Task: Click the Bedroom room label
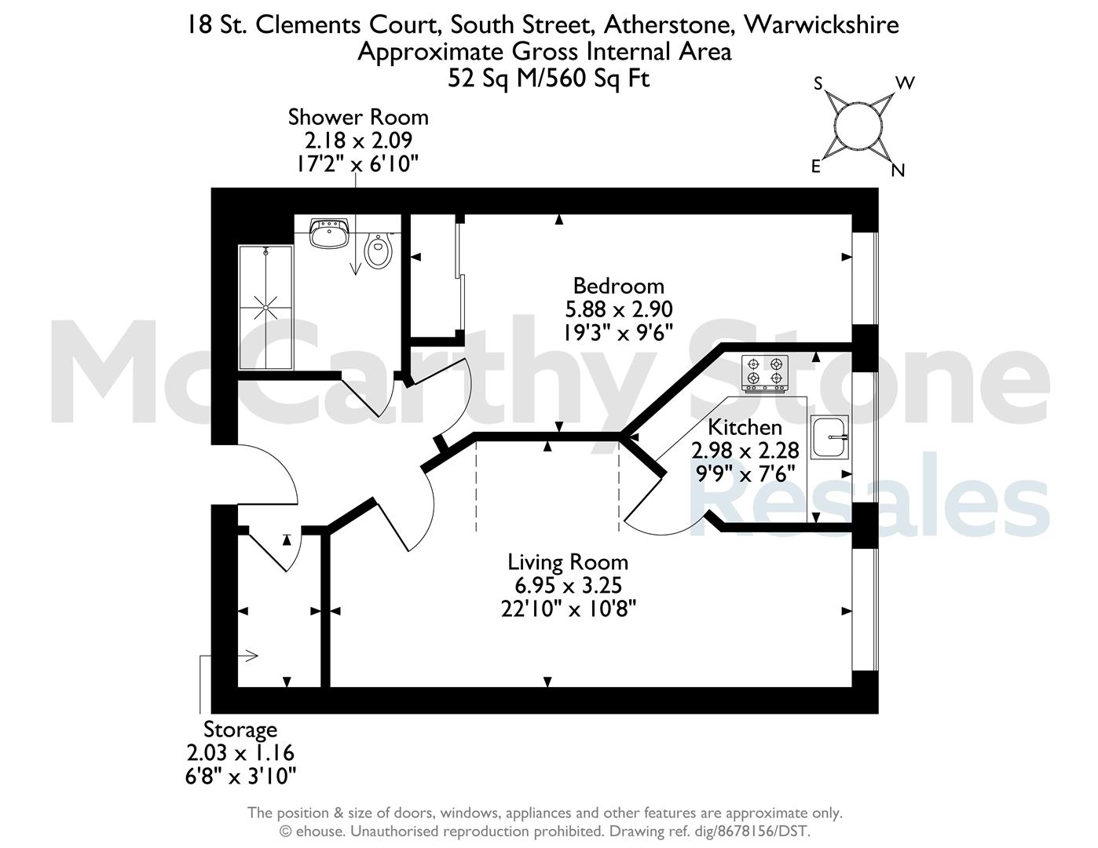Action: (x=618, y=287)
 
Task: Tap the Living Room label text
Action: (x=567, y=562)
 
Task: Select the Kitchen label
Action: (x=745, y=427)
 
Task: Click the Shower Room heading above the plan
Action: (x=358, y=117)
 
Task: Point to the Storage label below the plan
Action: (x=240, y=729)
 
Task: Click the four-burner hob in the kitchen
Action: (x=764, y=374)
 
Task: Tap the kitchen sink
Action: (x=829, y=437)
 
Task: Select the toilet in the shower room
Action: (x=379, y=251)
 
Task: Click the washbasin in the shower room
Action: (x=329, y=233)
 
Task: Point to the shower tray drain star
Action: (x=265, y=307)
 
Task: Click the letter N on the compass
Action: (x=898, y=171)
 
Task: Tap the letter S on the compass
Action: (x=818, y=83)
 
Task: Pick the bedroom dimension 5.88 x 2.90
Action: (x=618, y=309)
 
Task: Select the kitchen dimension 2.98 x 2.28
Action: (x=745, y=450)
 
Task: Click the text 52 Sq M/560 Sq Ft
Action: (x=548, y=79)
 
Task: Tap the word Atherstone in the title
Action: (x=669, y=25)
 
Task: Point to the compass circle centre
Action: (x=858, y=126)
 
